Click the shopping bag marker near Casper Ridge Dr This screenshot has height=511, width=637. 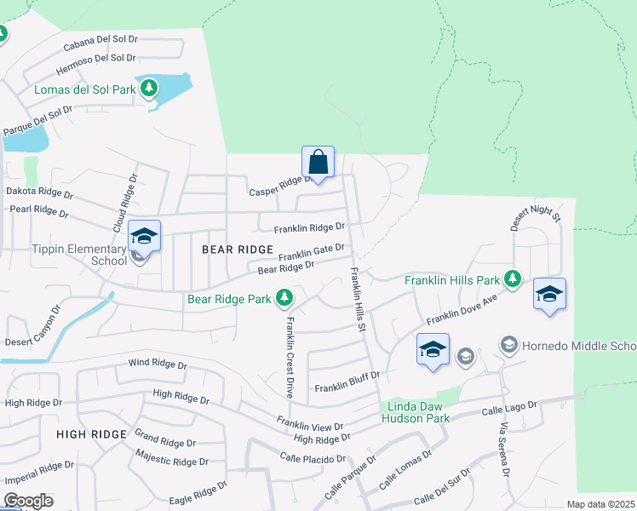tap(318, 162)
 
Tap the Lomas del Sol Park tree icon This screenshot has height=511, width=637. tap(149, 88)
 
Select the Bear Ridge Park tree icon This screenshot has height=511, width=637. tap(284, 298)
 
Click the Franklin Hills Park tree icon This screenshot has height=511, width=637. tap(512, 278)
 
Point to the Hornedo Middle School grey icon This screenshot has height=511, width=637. tap(508, 345)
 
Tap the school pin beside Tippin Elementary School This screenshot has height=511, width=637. tap(144, 237)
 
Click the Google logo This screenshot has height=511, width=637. tap(28, 502)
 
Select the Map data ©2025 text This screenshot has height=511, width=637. tap(600, 504)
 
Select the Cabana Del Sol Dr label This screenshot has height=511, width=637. tap(100, 43)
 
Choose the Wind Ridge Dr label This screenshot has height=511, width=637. tap(158, 364)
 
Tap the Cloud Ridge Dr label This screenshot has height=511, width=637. tap(123, 208)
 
